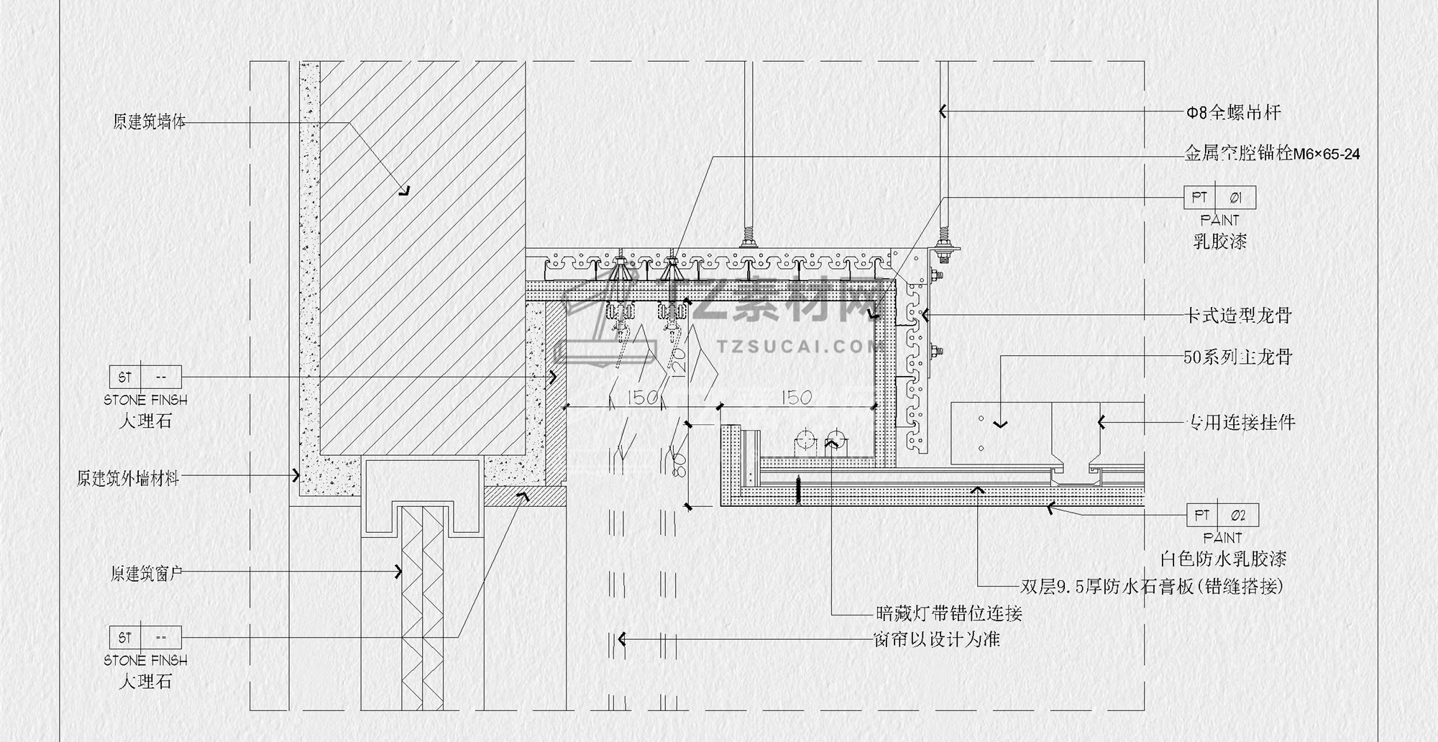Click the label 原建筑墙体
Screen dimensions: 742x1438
pos(149,122)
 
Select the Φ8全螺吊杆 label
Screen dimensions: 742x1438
pos(1233,112)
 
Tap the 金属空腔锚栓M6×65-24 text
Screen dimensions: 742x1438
pos(1272,153)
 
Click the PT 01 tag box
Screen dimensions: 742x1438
pos(1219,197)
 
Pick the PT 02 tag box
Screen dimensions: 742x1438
pos(1222,515)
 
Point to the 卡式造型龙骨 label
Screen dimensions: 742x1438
pos(1237,315)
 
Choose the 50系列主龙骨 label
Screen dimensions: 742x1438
pos(1237,357)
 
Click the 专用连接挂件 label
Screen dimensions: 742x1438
pos(1240,422)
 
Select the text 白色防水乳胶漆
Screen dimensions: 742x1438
pos(1223,559)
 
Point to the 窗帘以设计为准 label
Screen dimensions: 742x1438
pos(936,639)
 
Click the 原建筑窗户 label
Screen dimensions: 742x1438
pos(147,573)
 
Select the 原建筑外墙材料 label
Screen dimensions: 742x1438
pos(128,478)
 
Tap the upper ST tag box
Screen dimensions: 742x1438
pos(145,377)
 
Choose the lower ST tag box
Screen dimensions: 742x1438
pos(145,637)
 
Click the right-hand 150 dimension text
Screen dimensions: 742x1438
pos(796,398)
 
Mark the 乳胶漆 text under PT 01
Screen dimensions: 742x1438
pos(1219,242)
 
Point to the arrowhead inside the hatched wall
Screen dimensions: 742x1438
pos(405,191)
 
